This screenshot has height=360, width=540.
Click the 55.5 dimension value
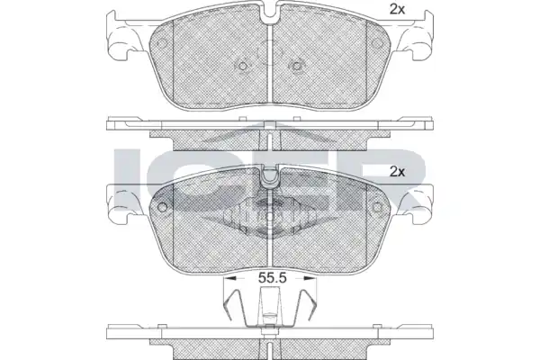pyautogui.click(x=273, y=278)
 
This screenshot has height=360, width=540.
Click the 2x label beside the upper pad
pyautogui.click(x=397, y=10)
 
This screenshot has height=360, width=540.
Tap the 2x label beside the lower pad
pyautogui.click(x=397, y=172)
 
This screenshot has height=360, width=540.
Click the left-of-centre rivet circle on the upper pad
pyautogui.click(x=243, y=66)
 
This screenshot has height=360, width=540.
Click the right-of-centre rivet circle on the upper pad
pyautogui.click(x=296, y=66)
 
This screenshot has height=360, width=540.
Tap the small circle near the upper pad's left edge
pyautogui.click(x=162, y=44)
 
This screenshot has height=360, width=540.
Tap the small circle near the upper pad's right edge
pyautogui.click(x=378, y=44)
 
